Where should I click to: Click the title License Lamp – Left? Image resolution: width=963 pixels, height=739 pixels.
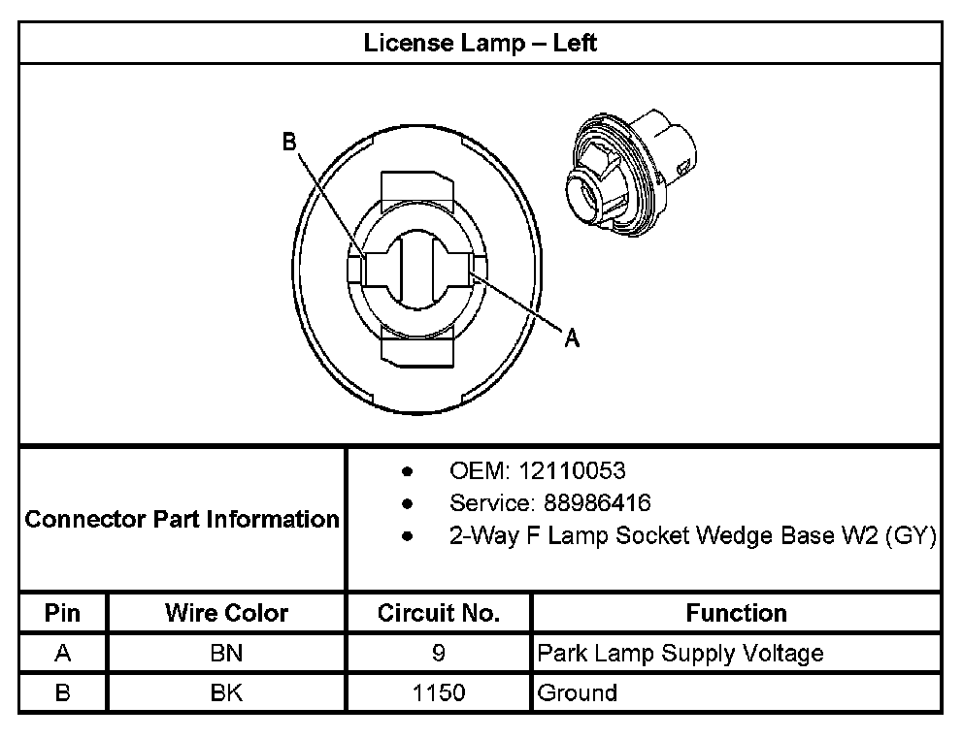pos(480,43)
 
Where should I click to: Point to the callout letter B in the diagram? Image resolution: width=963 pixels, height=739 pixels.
pos(289,142)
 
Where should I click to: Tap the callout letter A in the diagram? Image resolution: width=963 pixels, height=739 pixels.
pos(572,337)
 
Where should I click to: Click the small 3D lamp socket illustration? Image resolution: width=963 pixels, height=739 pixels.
pos(631,173)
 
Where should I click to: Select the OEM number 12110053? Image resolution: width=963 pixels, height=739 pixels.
pos(572,470)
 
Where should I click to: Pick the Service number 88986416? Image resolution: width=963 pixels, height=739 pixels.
pos(597,503)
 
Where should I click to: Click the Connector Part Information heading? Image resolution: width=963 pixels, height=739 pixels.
pos(182,519)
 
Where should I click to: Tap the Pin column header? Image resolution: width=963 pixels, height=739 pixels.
pos(63,613)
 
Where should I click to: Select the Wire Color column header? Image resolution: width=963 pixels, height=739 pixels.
pos(226,613)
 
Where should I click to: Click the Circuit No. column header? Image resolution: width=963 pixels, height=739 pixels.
pos(439,613)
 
